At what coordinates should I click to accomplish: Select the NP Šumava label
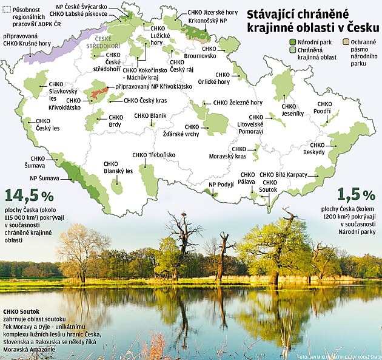click(44, 178)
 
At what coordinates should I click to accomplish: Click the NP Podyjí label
click(220, 185)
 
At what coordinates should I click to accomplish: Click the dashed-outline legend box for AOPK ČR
click(7, 9)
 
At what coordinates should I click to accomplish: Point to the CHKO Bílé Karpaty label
click(283, 175)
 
